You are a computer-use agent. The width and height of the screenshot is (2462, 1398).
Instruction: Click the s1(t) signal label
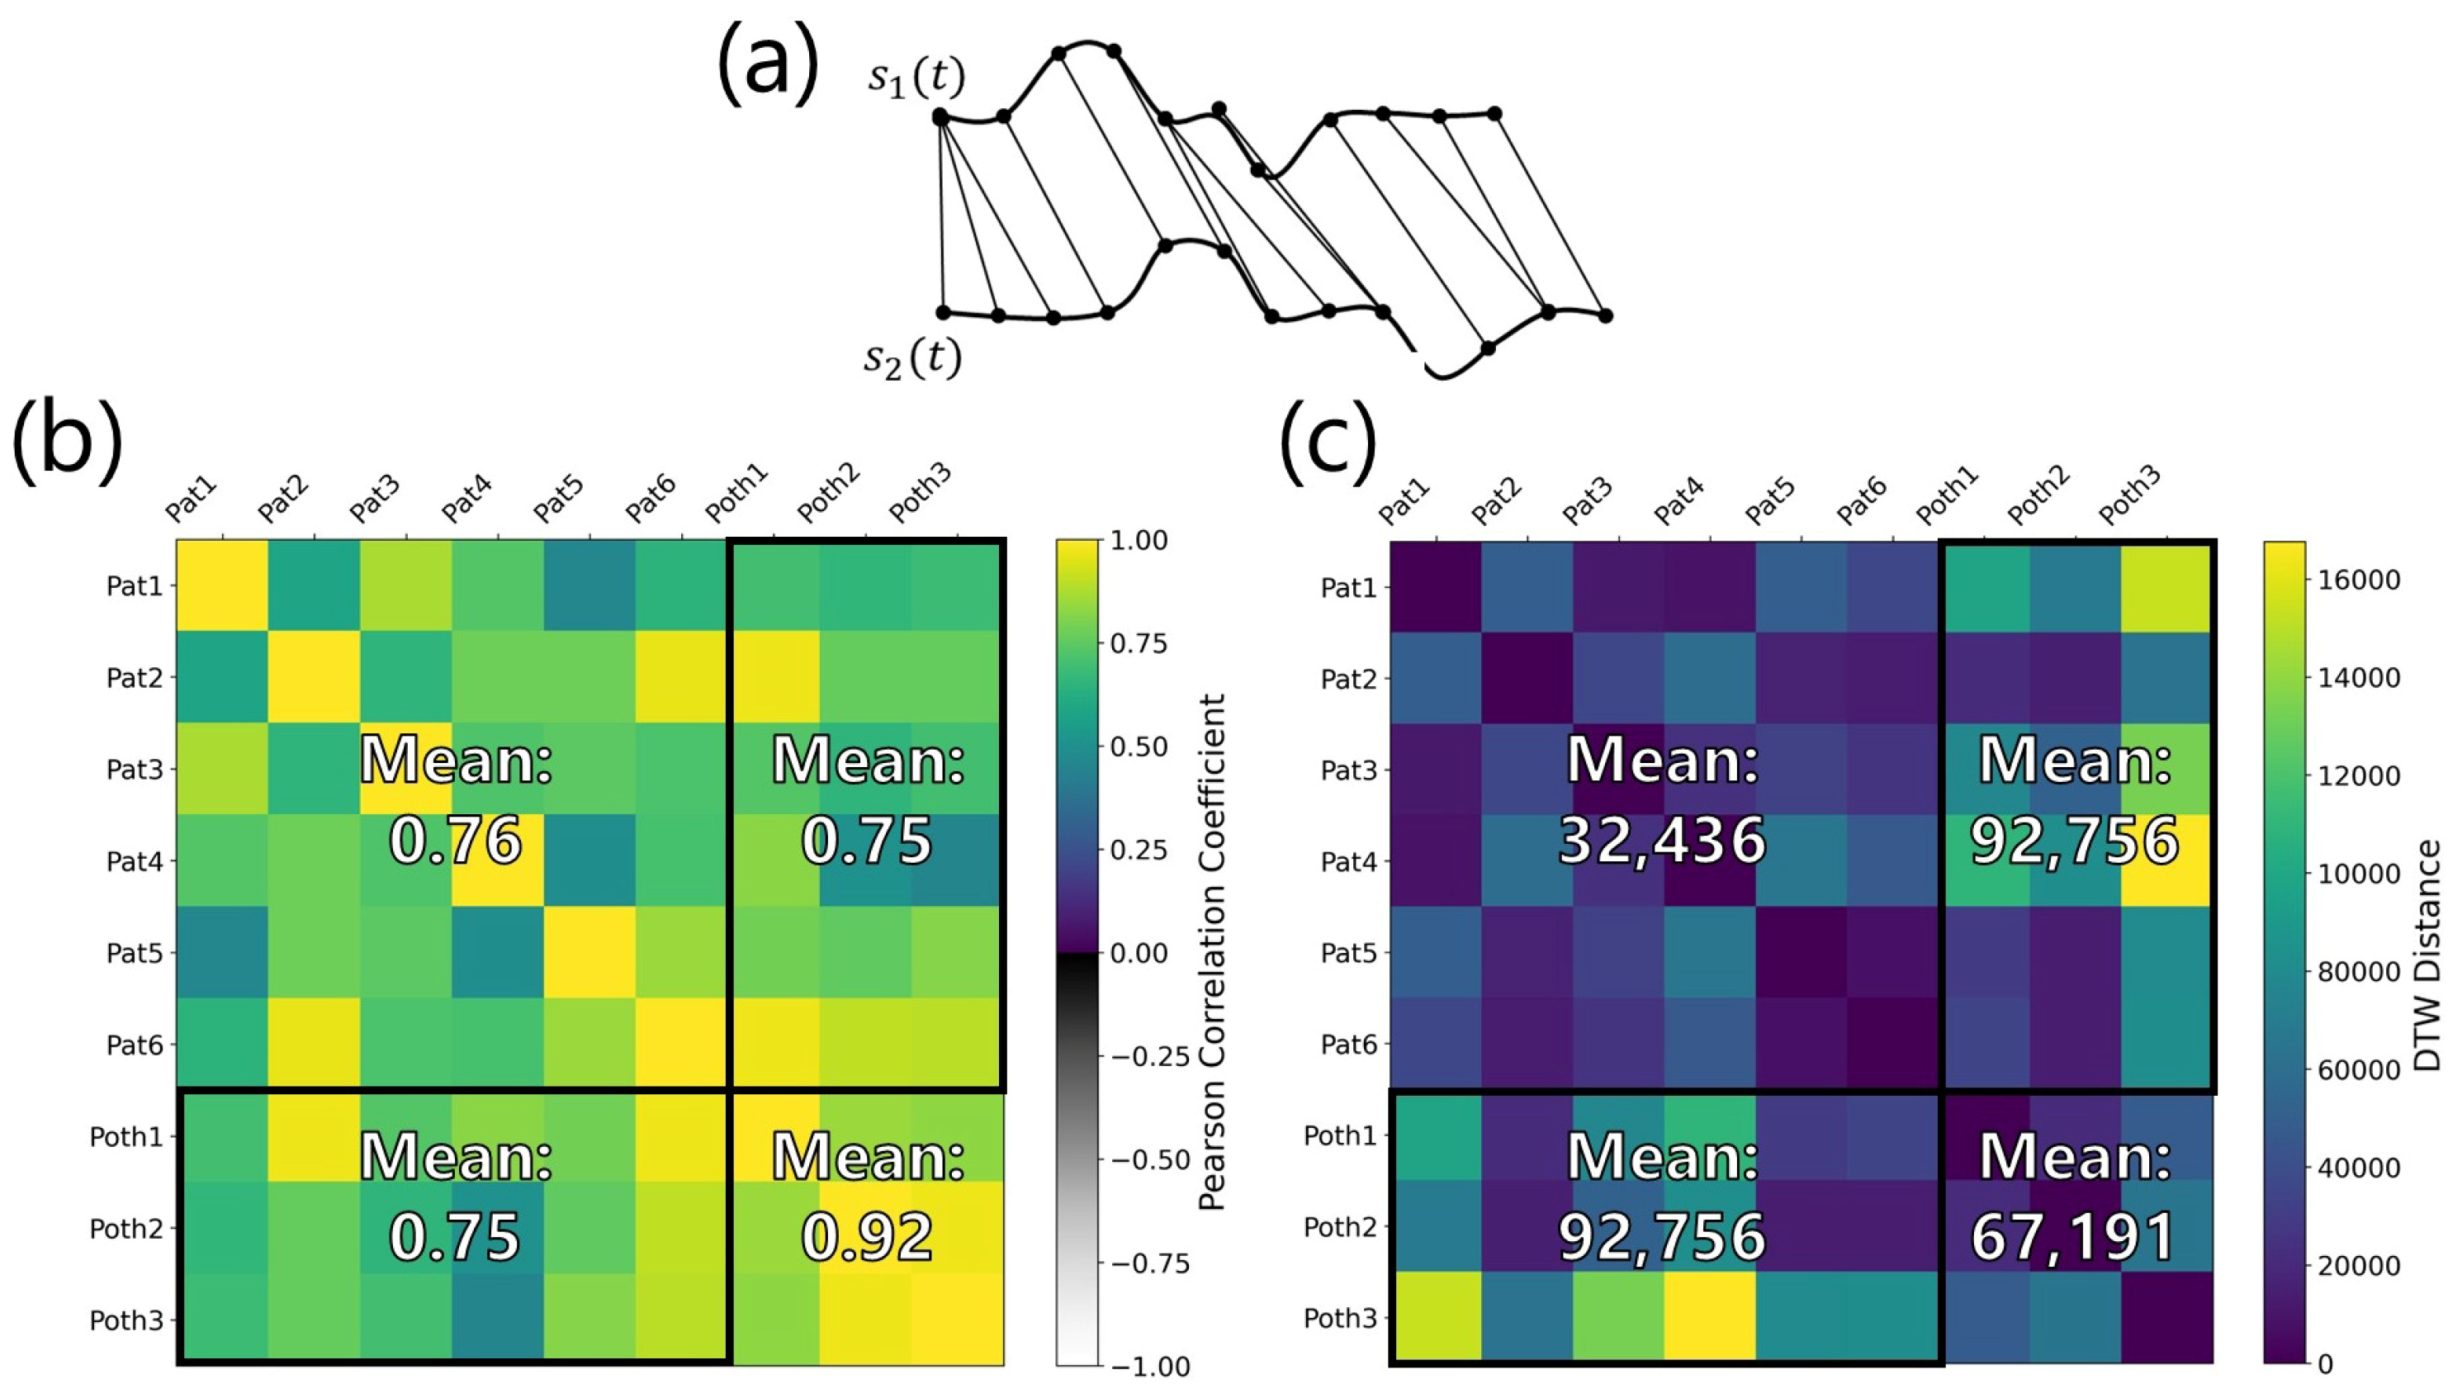point(916,78)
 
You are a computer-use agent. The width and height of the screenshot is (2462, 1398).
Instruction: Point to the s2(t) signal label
point(911,359)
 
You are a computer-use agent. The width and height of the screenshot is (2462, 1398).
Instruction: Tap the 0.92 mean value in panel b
point(867,1237)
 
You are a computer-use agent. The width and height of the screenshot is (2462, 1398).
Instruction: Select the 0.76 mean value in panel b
point(456,840)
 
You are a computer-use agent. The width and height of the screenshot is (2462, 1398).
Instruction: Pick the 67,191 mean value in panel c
point(2074,1237)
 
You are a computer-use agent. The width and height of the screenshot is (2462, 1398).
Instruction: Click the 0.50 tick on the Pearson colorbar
point(1139,747)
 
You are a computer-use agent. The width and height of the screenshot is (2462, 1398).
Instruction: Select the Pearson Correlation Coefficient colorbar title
point(1213,952)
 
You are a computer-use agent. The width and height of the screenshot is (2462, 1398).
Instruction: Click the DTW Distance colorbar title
point(2427,956)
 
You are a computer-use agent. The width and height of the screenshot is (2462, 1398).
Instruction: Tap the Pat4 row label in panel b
point(135,861)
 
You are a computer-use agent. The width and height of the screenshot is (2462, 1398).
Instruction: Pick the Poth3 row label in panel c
point(1340,1318)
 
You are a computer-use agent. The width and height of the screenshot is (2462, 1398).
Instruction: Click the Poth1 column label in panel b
point(737,493)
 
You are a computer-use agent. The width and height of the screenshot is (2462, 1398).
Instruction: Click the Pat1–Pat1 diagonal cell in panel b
point(222,585)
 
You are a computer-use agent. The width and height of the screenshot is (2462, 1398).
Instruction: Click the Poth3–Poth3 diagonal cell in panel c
point(2167,1317)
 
